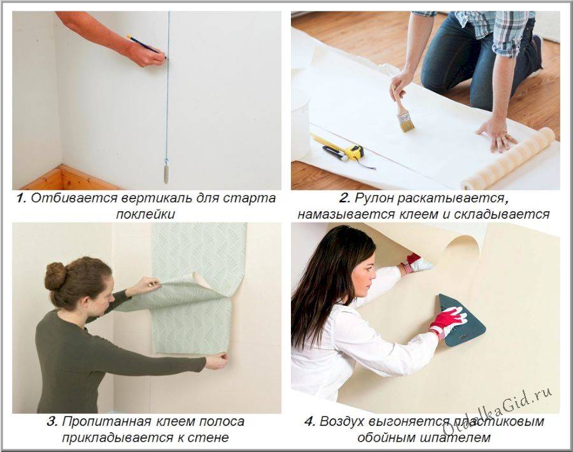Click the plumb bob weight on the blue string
click(166, 174)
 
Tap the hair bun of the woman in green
click(55, 276)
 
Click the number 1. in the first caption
click(22, 198)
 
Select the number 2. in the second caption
click(344, 198)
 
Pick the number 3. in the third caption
click(52, 421)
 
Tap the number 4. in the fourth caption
click(309, 421)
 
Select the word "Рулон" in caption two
click(375, 199)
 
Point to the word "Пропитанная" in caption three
click(107, 422)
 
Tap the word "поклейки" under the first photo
click(145, 214)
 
